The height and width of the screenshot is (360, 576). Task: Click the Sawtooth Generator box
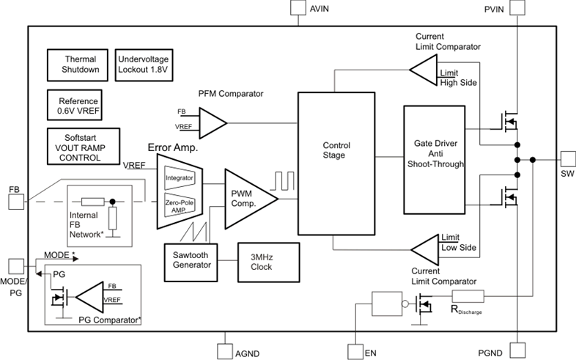coord(191,262)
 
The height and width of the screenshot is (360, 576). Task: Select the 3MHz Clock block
coord(261,262)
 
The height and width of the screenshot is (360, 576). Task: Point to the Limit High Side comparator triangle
coord(423,71)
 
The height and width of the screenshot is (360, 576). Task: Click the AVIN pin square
coord(296,8)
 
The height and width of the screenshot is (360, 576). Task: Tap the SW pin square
coord(567,159)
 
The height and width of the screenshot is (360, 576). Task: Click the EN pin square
coord(355,352)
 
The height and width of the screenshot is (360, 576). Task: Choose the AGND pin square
coord(225,352)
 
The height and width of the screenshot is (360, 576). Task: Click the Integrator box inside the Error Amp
coord(179,177)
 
